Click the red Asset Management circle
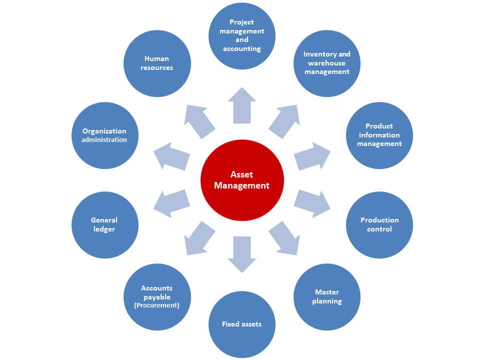tap(242, 180)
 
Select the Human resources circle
tap(157, 63)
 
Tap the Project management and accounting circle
tap(242, 35)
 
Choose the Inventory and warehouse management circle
tap(327, 63)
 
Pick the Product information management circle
tap(379, 135)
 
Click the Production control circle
tap(379, 225)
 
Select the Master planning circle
tap(327, 297)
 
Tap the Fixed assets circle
tap(242, 324)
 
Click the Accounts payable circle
tap(157, 297)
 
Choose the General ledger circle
tap(104, 225)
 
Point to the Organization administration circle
tap(104, 135)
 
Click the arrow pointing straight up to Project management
tap(242, 105)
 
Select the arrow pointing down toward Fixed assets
tap(242, 254)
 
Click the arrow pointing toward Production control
tap(311, 203)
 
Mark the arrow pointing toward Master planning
tap(284, 238)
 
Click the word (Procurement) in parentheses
tap(157, 305)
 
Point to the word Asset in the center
tap(242, 174)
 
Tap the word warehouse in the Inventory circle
tap(326, 63)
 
